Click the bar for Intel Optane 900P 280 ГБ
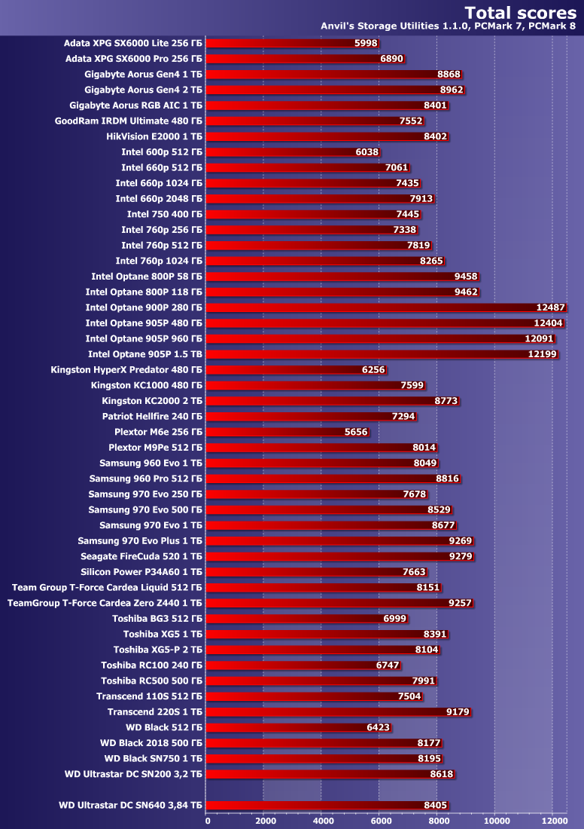369,307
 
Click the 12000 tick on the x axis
552,819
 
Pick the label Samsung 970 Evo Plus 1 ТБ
140,541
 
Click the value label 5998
366,44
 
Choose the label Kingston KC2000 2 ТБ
152,401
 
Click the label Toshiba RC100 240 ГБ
152,665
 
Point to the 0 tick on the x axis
208,819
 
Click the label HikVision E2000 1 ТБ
154,136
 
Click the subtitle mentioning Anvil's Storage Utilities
447,26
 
